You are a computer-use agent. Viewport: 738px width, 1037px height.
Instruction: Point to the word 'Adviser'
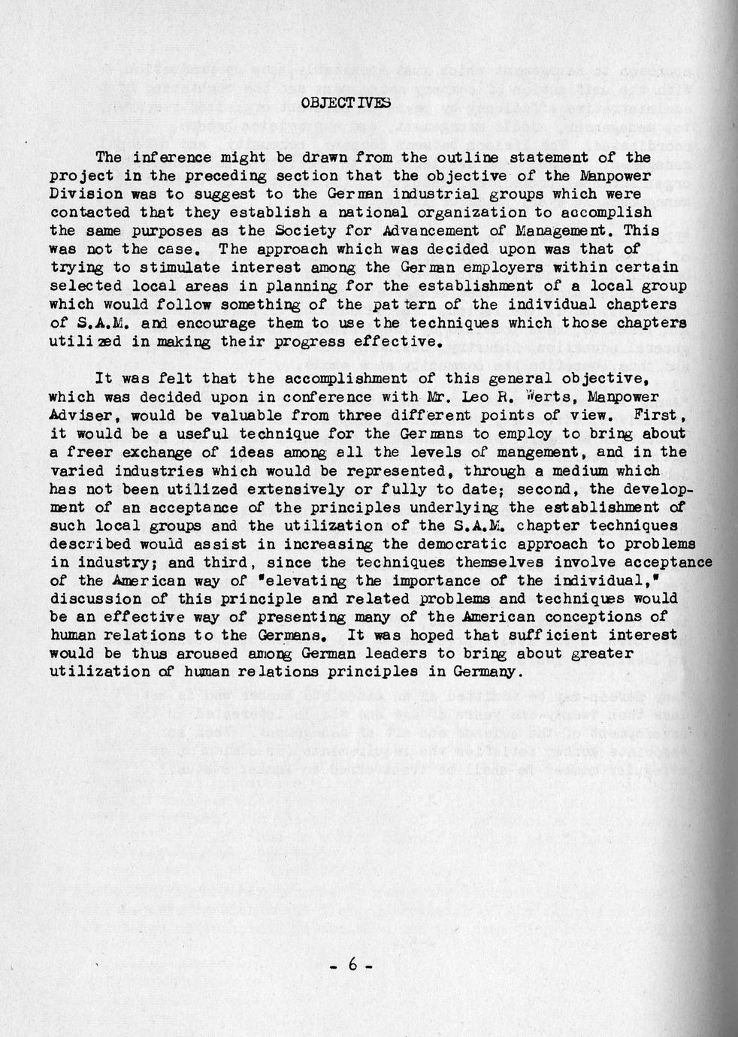[x=83, y=415]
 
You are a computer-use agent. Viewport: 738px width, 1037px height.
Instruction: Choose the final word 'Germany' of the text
[x=487, y=672]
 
